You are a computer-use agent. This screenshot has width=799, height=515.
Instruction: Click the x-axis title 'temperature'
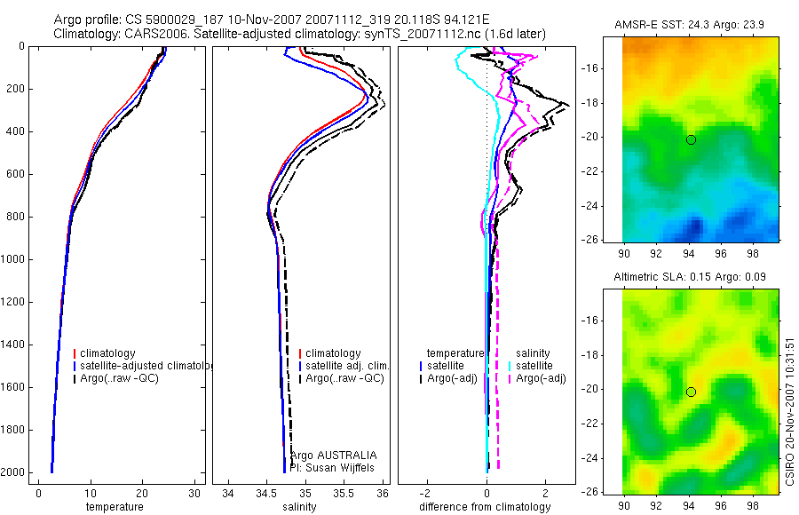point(114,507)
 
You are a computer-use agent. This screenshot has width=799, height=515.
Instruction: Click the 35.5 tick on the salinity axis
point(344,494)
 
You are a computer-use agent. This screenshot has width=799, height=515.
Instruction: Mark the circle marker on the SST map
point(691,139)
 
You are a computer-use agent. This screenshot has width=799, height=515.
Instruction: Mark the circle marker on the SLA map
point(691,392)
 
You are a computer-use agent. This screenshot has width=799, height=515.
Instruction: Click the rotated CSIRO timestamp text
point(789,409)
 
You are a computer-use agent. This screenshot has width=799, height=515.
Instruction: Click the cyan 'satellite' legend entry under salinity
point(534,366)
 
